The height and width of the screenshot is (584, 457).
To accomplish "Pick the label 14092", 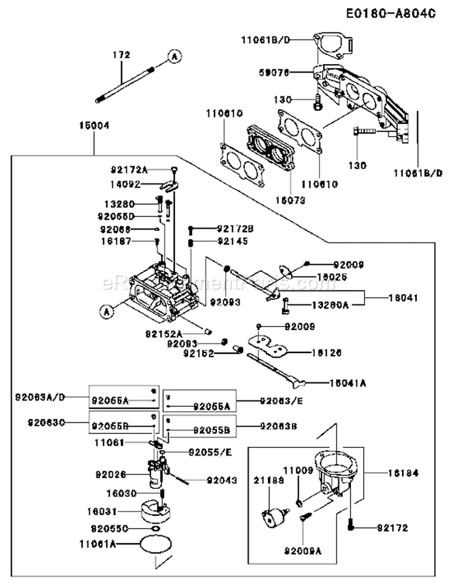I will (124, 183).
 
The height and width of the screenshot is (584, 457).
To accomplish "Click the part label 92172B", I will (233, 229).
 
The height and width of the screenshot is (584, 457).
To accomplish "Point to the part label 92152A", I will (164, 333).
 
